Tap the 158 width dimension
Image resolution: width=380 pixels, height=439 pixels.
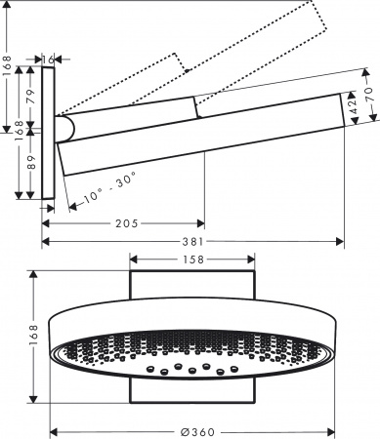click(193, 260)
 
